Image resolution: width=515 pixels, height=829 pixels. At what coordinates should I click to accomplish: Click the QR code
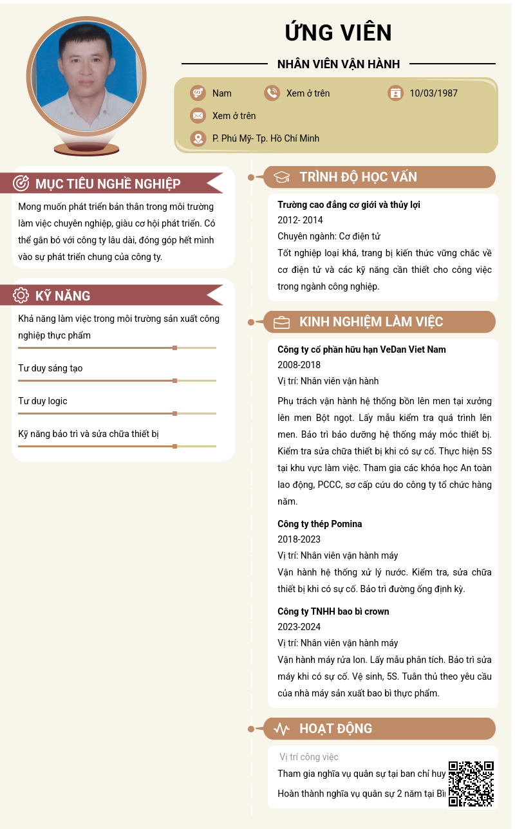coord(471,783)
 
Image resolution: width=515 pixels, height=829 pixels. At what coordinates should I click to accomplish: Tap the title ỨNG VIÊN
coord(338,32)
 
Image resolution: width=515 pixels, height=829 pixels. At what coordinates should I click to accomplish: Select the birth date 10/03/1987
coord(433,93)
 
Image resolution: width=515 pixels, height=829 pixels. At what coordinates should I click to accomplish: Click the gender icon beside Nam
coord(198,93)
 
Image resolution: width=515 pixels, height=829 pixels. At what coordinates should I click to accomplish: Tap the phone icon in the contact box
coord(272,93)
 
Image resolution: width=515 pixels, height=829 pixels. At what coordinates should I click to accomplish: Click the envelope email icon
coord(198,116)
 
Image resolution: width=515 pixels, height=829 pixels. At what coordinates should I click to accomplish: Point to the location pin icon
coord(198,138)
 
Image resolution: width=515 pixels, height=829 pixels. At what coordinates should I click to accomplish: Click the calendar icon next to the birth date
coord(395,93)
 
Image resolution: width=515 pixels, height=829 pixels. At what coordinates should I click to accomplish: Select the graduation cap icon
coord(281,178)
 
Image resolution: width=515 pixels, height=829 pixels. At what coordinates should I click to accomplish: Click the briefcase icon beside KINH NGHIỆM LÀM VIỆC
coord(281,322)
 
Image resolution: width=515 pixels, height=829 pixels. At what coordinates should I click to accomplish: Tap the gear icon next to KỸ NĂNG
coord(21,295)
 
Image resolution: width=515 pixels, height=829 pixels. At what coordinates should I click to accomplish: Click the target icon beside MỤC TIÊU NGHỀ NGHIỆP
coord(21,183)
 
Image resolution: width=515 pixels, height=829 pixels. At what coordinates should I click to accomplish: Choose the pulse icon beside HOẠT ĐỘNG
coord(281,729)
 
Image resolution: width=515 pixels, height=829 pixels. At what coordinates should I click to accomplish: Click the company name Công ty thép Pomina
coord(319,524)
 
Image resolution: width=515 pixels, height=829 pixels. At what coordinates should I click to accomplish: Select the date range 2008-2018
coord(299,365)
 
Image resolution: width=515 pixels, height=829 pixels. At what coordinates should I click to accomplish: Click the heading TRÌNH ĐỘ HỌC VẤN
coord(358,177)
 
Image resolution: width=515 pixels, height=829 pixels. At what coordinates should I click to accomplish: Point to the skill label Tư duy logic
coord(42,401)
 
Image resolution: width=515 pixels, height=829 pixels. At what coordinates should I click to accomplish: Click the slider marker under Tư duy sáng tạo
coord(174,380)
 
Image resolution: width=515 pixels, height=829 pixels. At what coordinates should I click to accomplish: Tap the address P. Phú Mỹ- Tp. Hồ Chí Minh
coord(265,138)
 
